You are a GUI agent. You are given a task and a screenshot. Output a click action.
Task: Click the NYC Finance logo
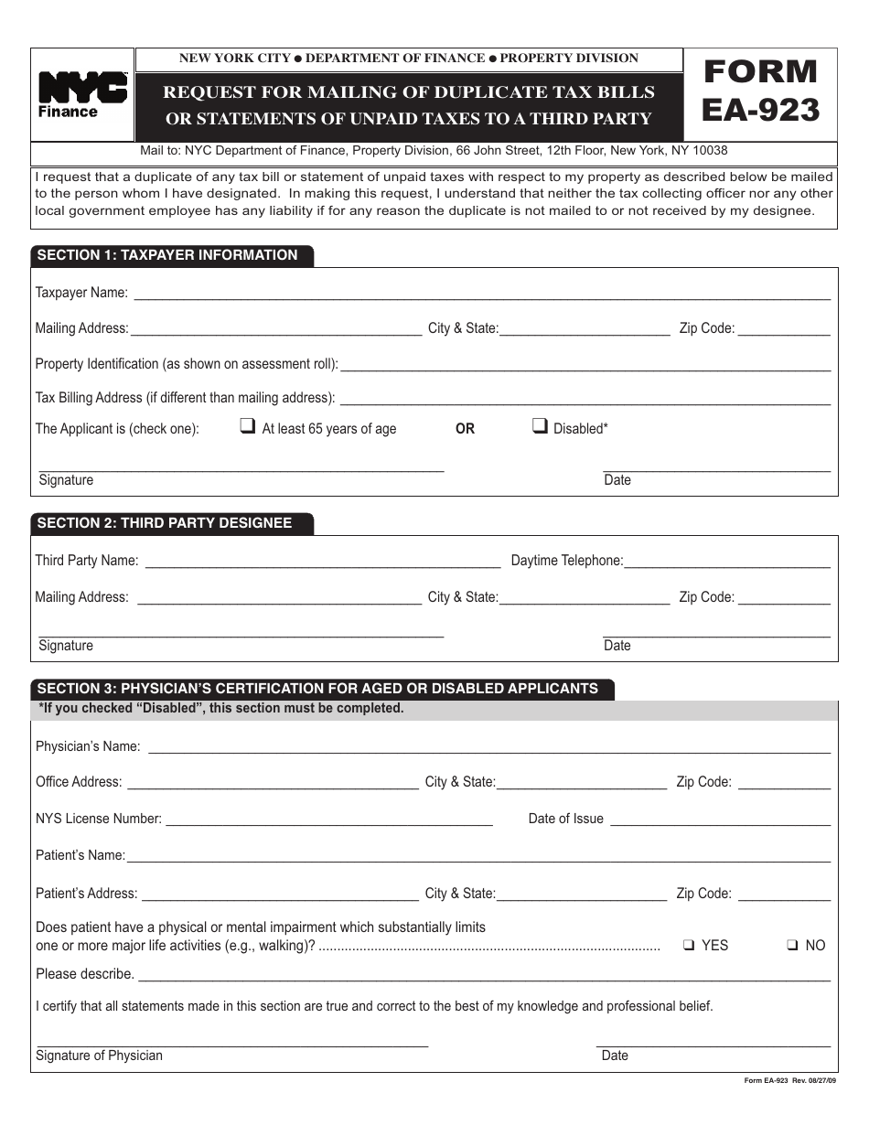(82, 95)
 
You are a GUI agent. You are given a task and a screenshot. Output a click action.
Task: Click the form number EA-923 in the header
(760, 91)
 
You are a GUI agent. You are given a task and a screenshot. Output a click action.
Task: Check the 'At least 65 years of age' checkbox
(247, 425)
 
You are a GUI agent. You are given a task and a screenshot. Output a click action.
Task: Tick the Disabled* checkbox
(540, 425)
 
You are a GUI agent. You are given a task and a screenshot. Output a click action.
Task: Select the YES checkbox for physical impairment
(689, 946)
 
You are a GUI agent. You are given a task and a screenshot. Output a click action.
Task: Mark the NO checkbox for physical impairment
(793, 946)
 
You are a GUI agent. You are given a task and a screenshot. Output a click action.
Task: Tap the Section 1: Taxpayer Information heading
(167, 255)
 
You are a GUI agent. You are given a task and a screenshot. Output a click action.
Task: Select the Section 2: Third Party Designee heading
(165, 523)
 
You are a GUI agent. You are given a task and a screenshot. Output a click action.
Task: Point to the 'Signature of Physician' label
(99, 1055)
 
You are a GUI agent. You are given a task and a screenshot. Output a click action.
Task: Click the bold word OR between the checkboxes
(465, 429)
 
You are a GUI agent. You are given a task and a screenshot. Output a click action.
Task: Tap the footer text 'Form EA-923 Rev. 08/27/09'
(789, 1081)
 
